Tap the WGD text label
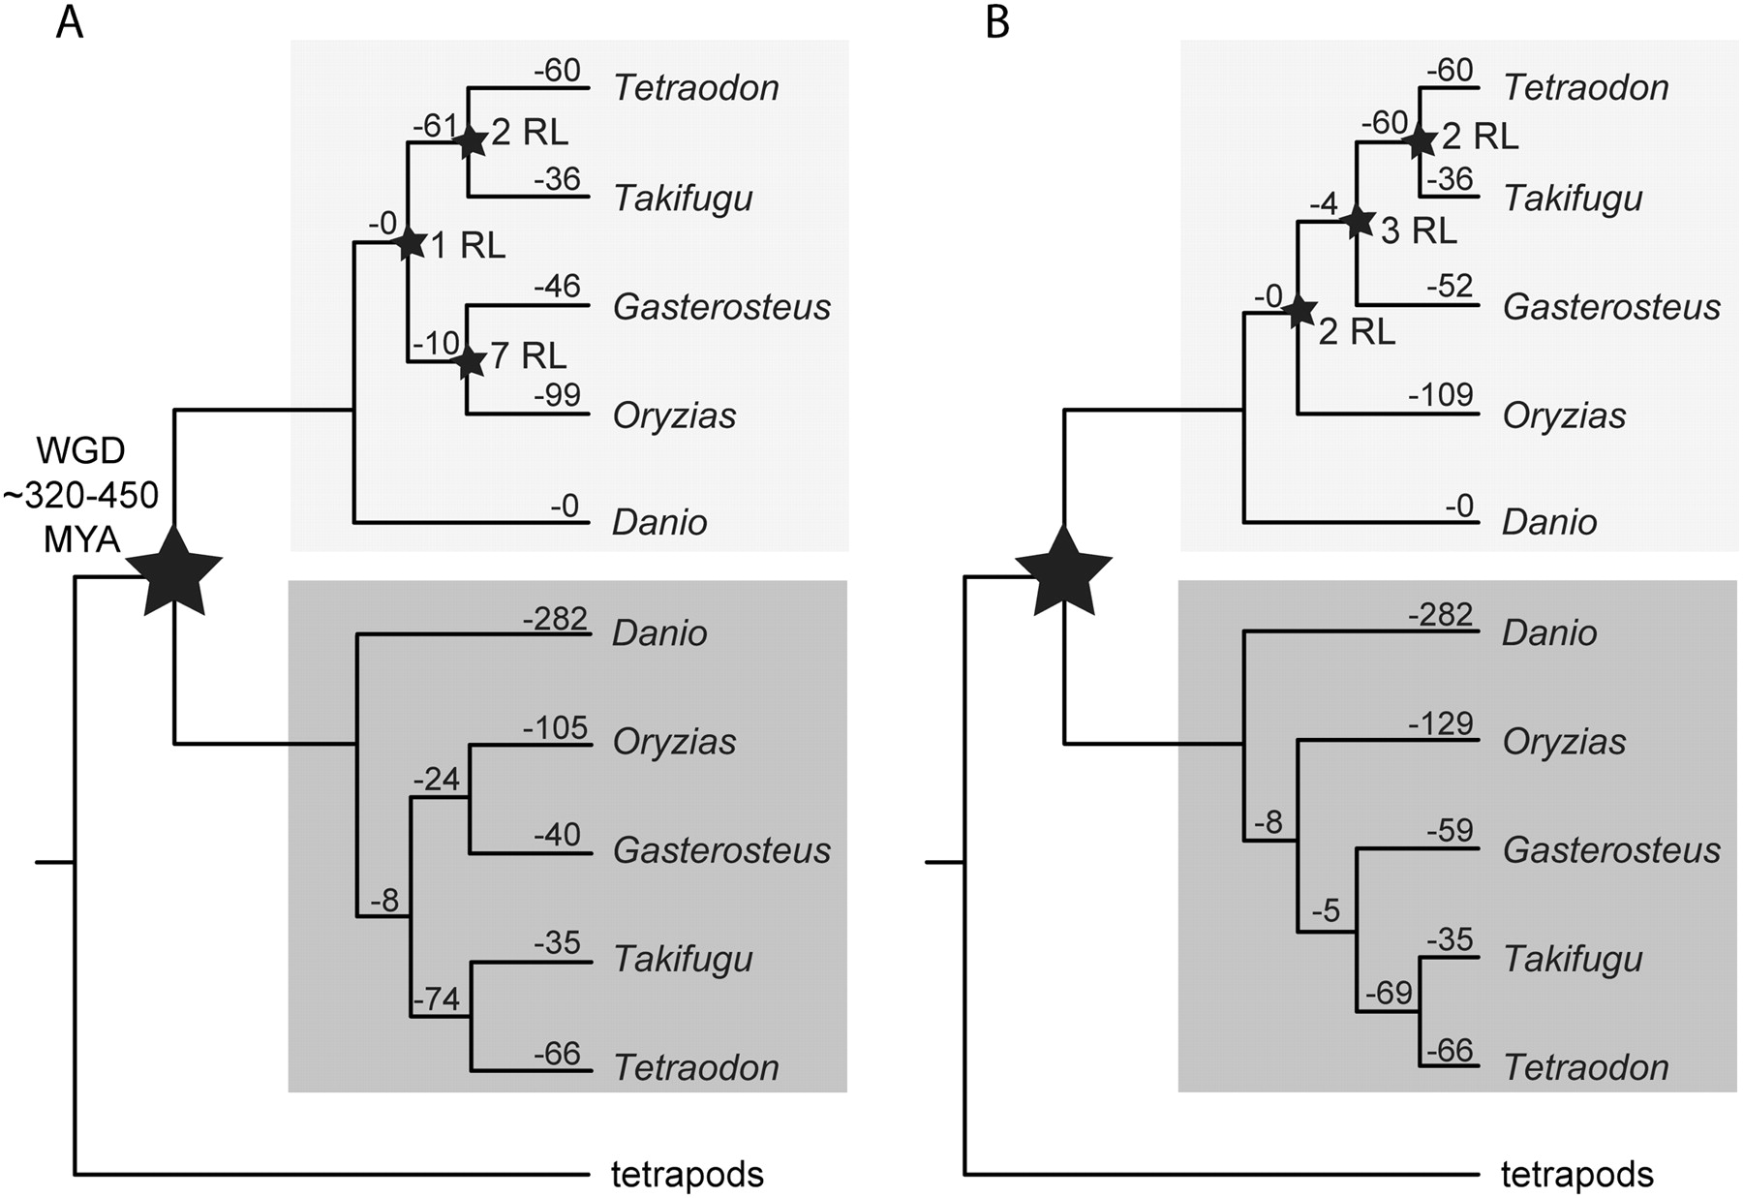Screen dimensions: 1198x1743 click(x=81, y=451)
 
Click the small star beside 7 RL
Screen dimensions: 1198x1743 click(x=469, y=361)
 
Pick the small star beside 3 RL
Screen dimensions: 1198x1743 click(x=1358, y=222)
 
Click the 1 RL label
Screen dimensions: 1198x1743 click(x=468, y=246)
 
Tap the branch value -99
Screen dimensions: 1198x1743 click(x=557, y=396)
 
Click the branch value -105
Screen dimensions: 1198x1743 click(x=556, y=727)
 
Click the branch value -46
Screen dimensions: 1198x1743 click(x=557, y=287)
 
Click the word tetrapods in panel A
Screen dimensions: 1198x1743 click(x=687, y=1175)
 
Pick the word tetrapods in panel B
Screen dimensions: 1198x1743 click(x=1576, y=1175)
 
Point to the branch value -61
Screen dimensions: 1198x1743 click(x=435, y=126)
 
